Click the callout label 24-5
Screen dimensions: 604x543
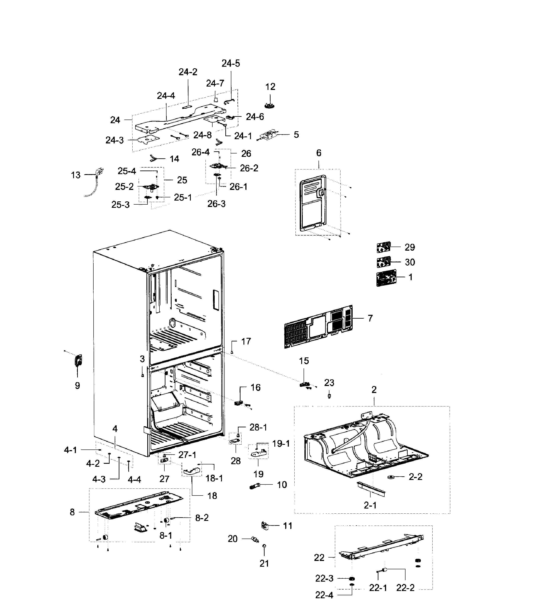[231, 63]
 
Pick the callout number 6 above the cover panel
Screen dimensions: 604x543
[319, 153]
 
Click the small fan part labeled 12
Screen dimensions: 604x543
[270, 105]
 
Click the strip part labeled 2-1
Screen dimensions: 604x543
[371, 488]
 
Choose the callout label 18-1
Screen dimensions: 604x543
[214, 478]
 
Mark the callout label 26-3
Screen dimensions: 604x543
[216, 204]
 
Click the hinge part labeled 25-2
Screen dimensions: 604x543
[151, 187]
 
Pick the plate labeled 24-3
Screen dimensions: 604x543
[148, 140]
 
